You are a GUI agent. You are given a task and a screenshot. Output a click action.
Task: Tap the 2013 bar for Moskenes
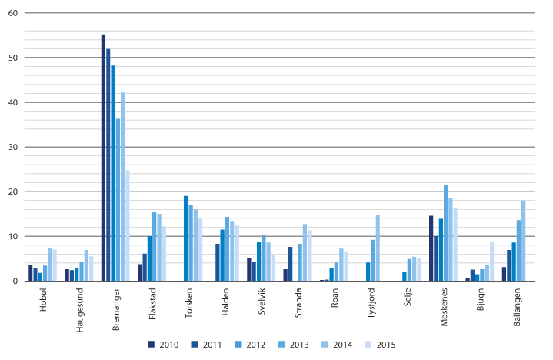point(445,232)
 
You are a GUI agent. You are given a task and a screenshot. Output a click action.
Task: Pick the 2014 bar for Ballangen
point(523,241)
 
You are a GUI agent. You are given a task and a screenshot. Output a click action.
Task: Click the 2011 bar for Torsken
point(186,238)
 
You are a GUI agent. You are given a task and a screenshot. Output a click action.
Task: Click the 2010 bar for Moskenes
point(431,248)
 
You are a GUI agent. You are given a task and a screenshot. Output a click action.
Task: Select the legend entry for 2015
point(367,344)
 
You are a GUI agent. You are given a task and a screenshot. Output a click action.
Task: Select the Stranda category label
point(299,305)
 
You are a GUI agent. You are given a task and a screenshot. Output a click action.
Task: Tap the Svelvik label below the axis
point(262,304)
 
